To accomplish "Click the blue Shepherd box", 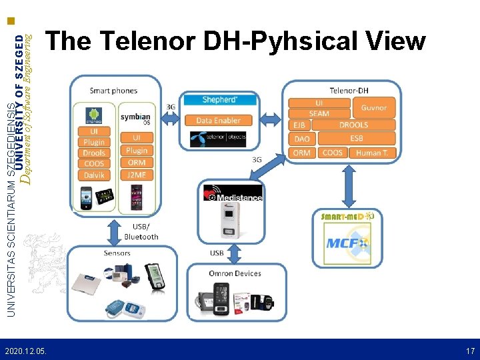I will point(218,100).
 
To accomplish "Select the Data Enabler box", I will point(218,120).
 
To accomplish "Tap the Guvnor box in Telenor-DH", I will point(373,108).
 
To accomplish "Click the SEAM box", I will point(319,114).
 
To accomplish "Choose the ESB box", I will point(357,139).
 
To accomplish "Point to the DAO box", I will point(301,139).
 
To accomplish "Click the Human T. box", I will point(372,153).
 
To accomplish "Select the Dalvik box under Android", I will point(94,175).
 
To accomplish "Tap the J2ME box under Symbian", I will point(136,175).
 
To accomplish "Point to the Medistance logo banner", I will point(233,193).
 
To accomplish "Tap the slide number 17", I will point(470,350).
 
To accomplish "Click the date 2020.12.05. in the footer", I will point(25,350).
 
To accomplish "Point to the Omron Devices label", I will point(235,273).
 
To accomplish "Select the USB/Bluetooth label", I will point(141,232).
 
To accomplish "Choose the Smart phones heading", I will point(113,91).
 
